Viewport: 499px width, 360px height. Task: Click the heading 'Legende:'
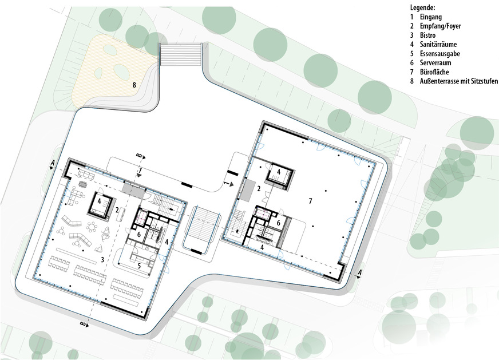pyautogui.click(x=423, y=7)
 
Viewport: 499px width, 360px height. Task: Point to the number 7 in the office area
pyautogui.click(x=310, y=201)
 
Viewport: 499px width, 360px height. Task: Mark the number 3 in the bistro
pyautogui.click(x=102, y=259)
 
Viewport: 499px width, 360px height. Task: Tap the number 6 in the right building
pyautogui.click(x=278, y=223)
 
